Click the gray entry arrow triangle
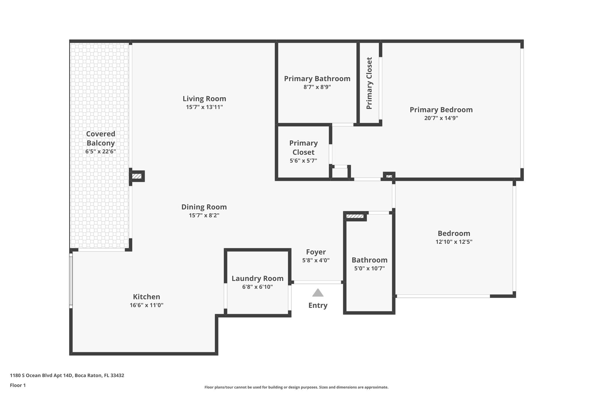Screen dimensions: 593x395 click(x=318, y=293)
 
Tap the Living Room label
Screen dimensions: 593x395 click(x=204, y=99)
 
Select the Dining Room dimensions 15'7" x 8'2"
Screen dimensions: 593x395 click(x=204, y=215)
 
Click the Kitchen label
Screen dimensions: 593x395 click(x=147, y=297)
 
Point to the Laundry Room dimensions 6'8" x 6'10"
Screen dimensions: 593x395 click(x=258, y=287)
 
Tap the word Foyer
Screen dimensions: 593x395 click(x=316, y=252)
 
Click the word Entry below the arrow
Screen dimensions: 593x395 click(x=318, y=306)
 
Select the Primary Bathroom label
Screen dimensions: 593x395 click(x=317, y=79)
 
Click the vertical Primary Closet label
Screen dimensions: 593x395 click(x=369, y=83)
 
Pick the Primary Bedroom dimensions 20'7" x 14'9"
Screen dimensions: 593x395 click(x=441, y=118)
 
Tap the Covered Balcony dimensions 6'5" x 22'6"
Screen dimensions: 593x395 click(x=101, y=151)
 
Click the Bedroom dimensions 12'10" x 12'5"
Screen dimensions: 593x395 click(x=454, y=242)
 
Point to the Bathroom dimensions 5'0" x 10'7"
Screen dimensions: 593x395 click(x=369, y=268)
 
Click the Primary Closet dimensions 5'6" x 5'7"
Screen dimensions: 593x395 click(x=303, y=160)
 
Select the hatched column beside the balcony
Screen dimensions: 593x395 click(x=137, y=176)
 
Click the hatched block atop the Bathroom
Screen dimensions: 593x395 click(x=355, y=216)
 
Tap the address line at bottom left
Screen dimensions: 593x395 click(x=67, y=376)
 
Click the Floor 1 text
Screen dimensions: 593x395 click(x=18, y=385)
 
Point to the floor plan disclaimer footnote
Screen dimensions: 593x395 click(x=296, y=387)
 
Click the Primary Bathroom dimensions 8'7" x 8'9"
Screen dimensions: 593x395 click(x=317, y=87)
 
